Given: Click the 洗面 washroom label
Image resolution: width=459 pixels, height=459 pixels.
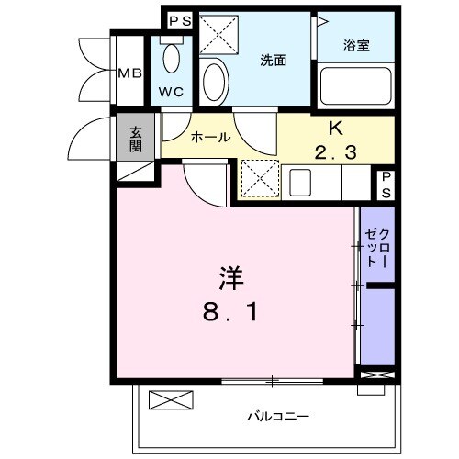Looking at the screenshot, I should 273,61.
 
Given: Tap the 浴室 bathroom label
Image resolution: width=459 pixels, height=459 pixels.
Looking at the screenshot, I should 357,44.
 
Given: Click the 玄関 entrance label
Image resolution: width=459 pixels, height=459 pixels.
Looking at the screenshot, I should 135,138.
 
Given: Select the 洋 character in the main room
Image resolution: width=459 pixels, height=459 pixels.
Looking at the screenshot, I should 230,277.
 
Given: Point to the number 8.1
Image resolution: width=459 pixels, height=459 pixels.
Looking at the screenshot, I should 230,312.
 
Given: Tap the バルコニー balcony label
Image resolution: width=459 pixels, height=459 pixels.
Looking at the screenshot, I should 276,415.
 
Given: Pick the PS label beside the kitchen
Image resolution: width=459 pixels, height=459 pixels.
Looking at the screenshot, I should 386,183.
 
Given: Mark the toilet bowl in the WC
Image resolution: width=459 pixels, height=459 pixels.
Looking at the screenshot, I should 171,59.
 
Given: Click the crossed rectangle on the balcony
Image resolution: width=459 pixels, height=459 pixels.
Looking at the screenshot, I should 172,399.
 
